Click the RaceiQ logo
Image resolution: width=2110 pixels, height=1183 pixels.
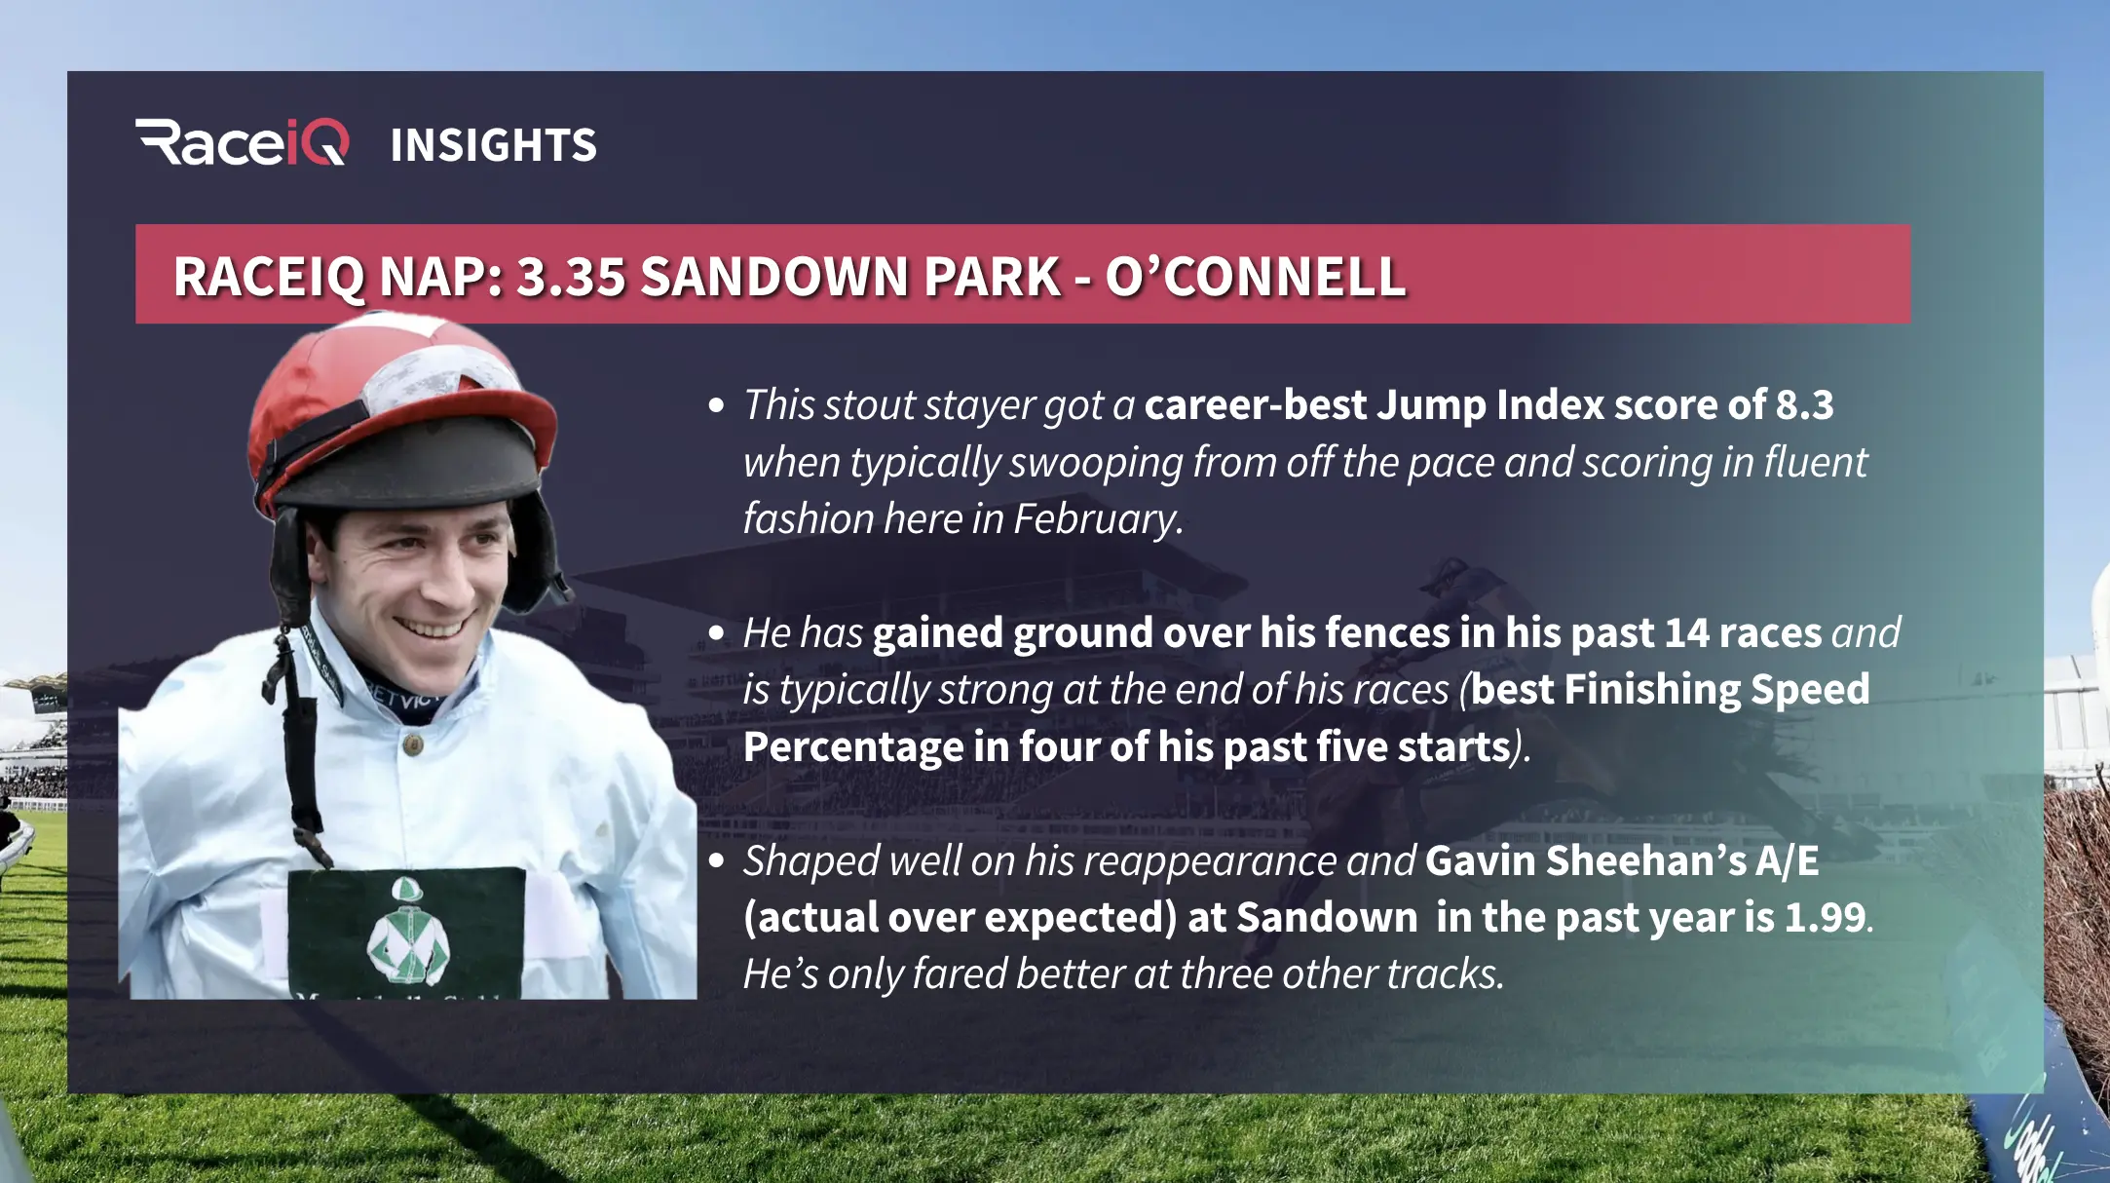click(242, 143)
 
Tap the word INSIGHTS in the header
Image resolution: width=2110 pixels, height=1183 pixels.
click(493, 145)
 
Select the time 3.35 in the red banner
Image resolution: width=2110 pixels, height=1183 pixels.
click(570, 277)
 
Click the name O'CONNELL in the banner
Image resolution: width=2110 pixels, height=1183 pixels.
click(1255, 277)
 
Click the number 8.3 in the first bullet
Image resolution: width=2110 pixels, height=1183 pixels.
click(1804, 405)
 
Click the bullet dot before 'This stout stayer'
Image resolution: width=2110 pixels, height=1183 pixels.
click(717, 405)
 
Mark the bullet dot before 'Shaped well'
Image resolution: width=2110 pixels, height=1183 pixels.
click(717, 861)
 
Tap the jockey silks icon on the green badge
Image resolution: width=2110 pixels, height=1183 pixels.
click(408, 932)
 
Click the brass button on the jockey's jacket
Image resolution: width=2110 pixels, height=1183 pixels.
click(413, 745)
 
